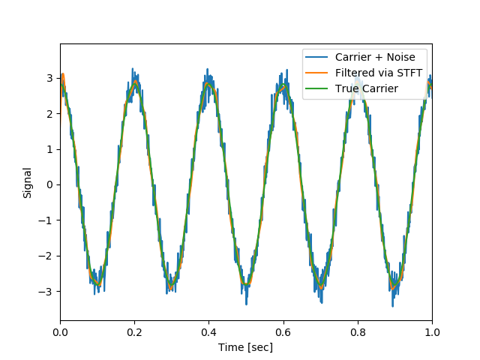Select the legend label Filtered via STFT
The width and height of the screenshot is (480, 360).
(x=379, y=73)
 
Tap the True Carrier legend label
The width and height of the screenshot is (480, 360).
(x=367, y=88)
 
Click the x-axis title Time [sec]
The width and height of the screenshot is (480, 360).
(x=246, y=347)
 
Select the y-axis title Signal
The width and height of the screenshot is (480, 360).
(x=28, y=182)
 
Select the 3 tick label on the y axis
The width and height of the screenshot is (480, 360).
(x=49, y=78)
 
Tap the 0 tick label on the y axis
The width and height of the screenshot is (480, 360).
(x=49, y=184)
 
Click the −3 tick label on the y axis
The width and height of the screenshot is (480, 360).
(x=46, y=291)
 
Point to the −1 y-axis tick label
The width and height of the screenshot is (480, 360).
(x=46, y=220)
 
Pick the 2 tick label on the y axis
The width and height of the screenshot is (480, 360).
(x=49, y=113)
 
